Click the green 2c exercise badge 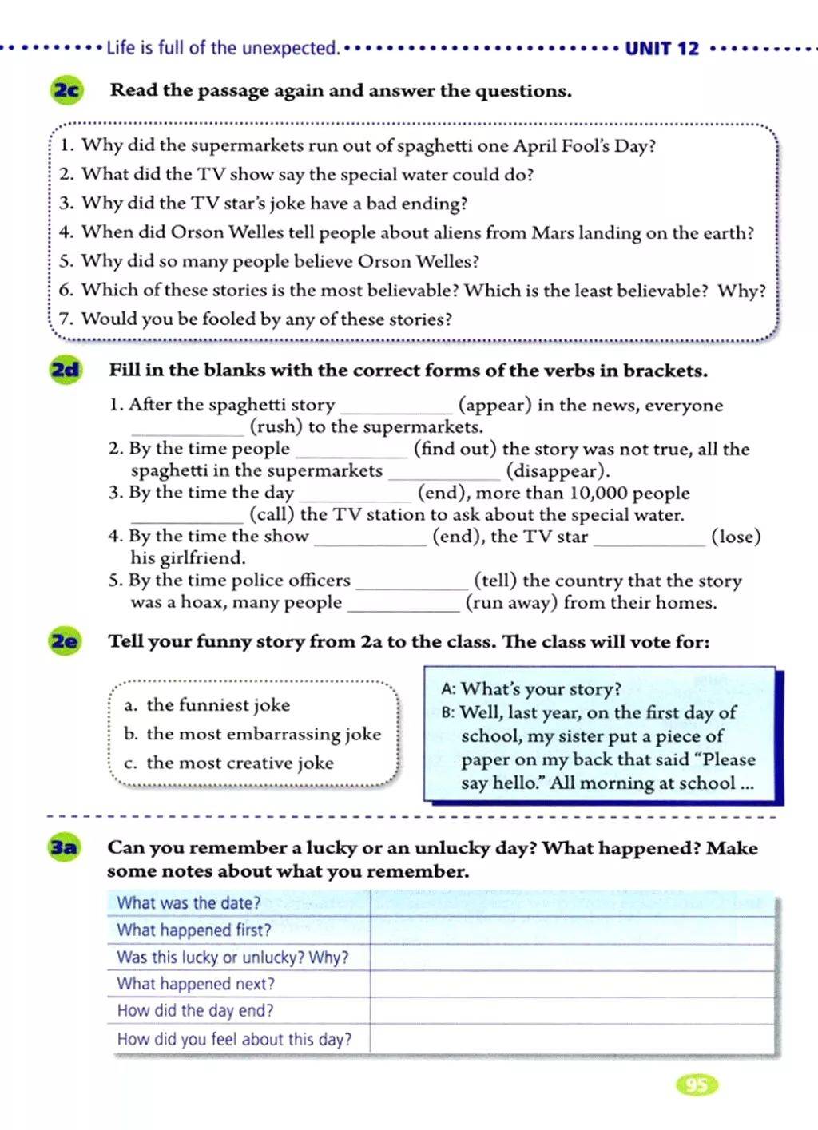(x=66, y=90)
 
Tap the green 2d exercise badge (x=66, y=370)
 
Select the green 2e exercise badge (x=66, y=641)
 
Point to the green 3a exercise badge (x=64, y=847)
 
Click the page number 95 (x=696, y=1084)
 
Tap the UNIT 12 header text (x=661, y=49)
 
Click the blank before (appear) (x=395, y=407)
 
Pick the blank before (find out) (x=351, y=451)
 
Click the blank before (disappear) (x=443, y=474)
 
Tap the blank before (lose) (x=649, y=539)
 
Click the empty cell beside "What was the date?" (x=572, y=903)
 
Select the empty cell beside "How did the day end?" (x=572, y=1011)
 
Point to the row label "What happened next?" (x=196, y=984)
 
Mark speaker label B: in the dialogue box (x=447, y=712)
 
